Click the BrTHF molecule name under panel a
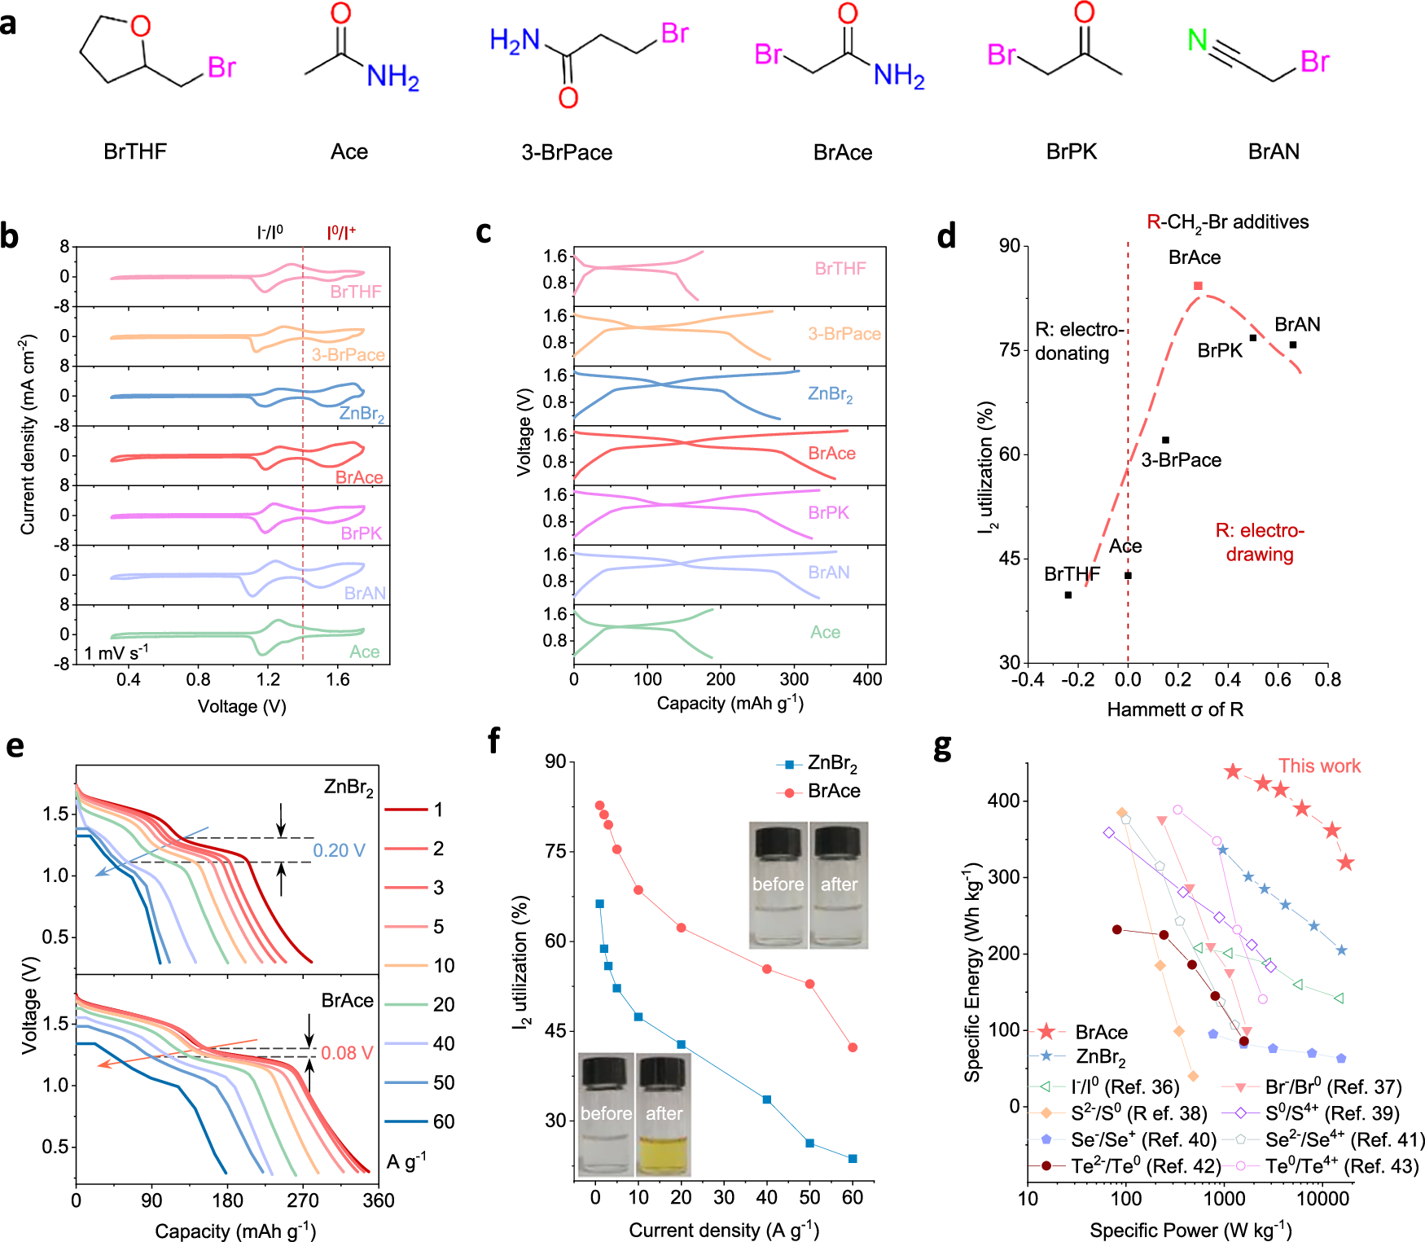point(135,151)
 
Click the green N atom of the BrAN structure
point(1197,39)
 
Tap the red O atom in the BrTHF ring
point(141,26)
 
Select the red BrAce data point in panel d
point(1198,286)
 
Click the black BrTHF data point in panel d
point(1068,595)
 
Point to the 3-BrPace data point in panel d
point(1165,440)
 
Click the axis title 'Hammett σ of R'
point(1175,709)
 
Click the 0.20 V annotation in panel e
point(339,850)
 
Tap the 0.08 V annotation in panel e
point(346,1053)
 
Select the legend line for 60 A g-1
point(406,1121)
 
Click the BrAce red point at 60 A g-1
point(853,1047)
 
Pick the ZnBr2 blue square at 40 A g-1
point(766,1099)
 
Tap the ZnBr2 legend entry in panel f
point(831,764)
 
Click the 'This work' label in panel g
point(1319,766)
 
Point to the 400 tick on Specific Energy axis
point(1003,801)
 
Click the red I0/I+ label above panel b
point(341,233)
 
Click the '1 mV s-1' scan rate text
point(116,652)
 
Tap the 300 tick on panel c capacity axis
point(794,679)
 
